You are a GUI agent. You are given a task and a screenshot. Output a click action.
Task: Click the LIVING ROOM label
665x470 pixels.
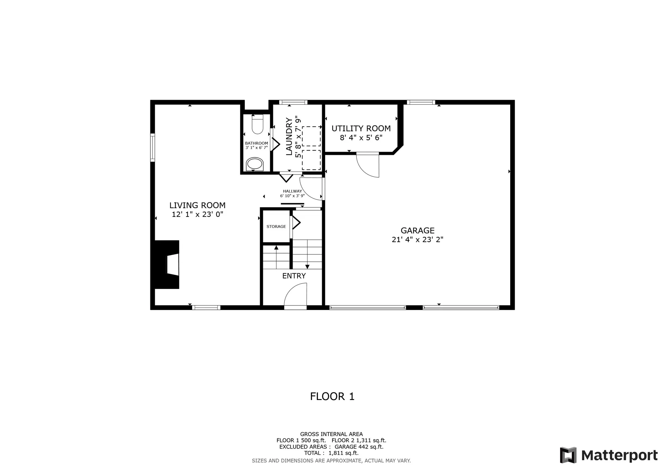click(197, 205)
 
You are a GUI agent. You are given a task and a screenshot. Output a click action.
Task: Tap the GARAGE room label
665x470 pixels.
click(417, 231)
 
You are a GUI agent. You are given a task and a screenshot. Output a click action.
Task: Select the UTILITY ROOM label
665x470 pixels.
click(361, 128)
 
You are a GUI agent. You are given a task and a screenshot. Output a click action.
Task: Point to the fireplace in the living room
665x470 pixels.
click(167, 264)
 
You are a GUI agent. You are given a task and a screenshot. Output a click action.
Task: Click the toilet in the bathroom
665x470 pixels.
click(257, 125)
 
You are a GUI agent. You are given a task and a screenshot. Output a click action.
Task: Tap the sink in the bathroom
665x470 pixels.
click(255, 164)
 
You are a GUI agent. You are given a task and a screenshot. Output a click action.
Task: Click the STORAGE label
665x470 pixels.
click(276, 227)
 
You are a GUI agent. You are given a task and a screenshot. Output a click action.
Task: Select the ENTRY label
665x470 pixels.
click(294, 276)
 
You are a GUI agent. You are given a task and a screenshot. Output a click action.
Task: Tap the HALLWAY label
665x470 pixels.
click(292, 191)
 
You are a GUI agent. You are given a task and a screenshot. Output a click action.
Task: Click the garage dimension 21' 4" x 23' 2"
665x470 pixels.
click(417, 240)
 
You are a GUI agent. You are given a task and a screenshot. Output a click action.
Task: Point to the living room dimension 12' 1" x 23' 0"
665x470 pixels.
click(197, 214)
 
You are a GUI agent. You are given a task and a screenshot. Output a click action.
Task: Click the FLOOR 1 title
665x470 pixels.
click(332, 397)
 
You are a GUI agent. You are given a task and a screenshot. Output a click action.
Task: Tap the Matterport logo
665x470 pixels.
click(609, 455)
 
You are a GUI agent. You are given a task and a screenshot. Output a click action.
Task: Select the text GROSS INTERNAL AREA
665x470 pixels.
click(331, 434)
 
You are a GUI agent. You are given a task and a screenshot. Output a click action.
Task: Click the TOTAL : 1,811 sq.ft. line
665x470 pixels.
click(331, 453)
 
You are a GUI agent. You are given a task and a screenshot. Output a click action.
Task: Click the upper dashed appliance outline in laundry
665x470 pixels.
click(311, 136)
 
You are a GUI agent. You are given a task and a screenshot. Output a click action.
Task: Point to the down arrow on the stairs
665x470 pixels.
click(307, 266)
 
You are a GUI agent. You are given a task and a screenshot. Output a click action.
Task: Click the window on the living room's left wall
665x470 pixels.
click(152, 148)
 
